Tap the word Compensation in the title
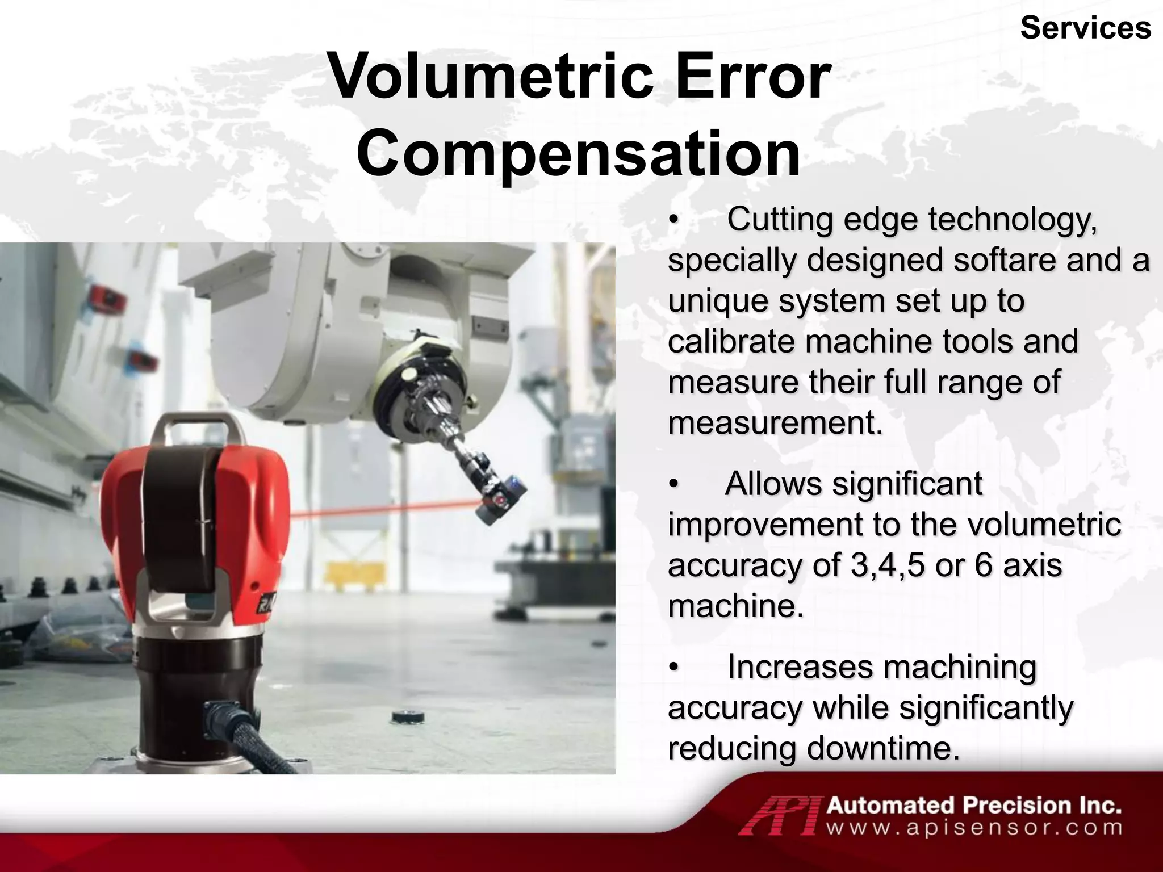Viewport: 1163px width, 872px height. coord(578,153)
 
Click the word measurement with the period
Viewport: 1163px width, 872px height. coord(775,423)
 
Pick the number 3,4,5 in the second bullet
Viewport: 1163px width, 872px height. coord(888,565)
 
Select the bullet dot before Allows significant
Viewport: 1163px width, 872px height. coord(673,484)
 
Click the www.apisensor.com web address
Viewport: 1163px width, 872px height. coord(973,828)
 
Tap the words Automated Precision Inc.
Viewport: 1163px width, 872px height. coord(973,805)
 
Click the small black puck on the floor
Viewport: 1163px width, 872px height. coord(408,717)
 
